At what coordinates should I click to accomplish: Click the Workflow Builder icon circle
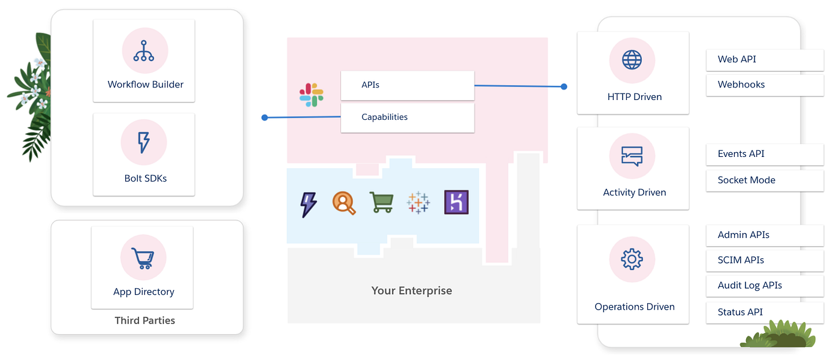[144, 51]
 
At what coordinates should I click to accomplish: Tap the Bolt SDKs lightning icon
[144, 143]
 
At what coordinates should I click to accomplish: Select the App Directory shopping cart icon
[143, 258]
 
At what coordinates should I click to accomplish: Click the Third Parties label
[144, 320]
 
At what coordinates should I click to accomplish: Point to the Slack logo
[312, 95]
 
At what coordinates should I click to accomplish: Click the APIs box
[408, 85]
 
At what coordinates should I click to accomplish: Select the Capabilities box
[408, 117]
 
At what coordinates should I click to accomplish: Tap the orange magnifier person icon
[344, 203]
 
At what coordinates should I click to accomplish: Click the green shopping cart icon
[381, 202]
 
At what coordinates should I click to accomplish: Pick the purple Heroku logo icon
[456, 202]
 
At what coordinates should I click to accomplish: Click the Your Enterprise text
[412, 291]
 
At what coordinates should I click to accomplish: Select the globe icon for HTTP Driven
[632, 60]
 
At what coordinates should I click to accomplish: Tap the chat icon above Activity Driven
[632, 156]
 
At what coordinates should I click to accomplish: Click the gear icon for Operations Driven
[632, 259]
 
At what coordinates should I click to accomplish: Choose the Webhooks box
[765, 84]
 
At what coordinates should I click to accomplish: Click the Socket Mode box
[765, 180]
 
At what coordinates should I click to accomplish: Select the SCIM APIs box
[765, 260]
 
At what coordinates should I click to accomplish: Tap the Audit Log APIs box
[765, 285]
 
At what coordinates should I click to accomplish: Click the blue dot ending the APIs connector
[564, 87]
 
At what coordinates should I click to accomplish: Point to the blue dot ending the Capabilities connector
[264, 117]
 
